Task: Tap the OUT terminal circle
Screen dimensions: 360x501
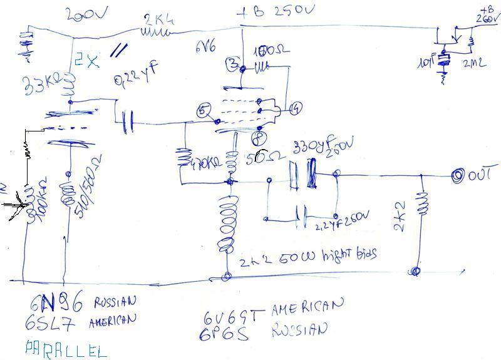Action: point(459,177)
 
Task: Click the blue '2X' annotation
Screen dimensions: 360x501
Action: point(87,61)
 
